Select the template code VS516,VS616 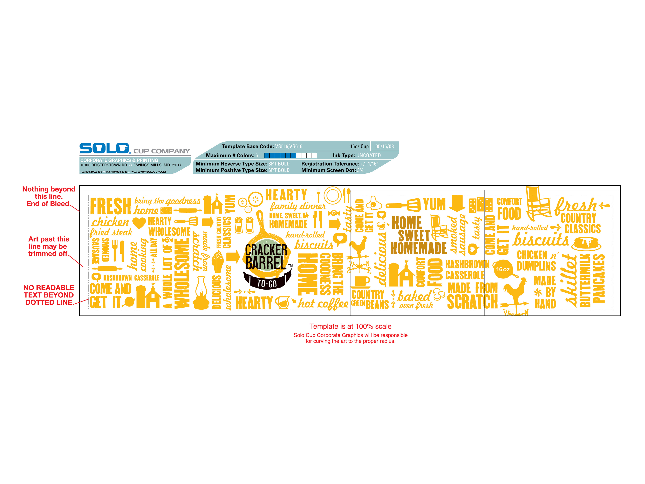(289, 146)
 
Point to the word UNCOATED (368, 155)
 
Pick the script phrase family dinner (297, 206)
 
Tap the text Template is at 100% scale (351, 327)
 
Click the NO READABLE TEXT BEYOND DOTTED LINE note (49, 295)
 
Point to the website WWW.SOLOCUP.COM (152, 172)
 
